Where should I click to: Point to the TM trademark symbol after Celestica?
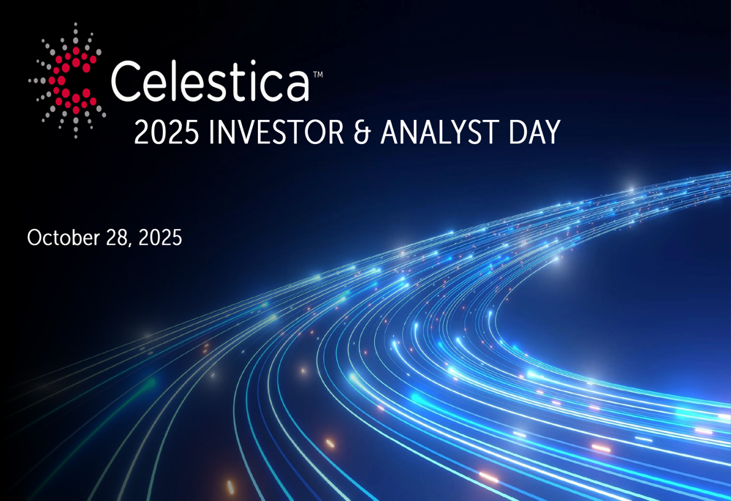click(x=318, y=74)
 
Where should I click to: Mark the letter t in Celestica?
click(x=239, y=82)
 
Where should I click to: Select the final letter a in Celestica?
click(x=296, y=86)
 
